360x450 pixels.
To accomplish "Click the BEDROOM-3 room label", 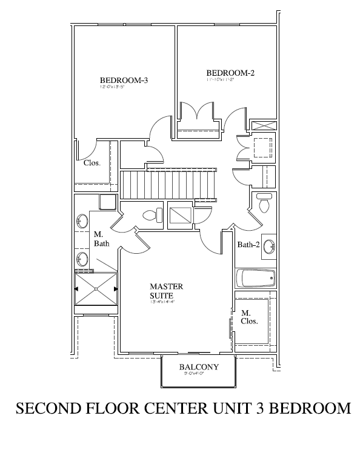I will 124,80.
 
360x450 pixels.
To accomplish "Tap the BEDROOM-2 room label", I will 230,73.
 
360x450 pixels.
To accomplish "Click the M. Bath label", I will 101,239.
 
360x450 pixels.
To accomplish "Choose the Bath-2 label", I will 248,245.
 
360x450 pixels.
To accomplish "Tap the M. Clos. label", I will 249,317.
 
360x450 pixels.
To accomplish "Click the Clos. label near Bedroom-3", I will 92,163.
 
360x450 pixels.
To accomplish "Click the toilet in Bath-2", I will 264,204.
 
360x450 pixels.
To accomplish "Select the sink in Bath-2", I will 270,246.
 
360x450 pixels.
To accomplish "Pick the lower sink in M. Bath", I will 82,260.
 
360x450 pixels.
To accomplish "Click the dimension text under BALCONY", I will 198,374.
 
